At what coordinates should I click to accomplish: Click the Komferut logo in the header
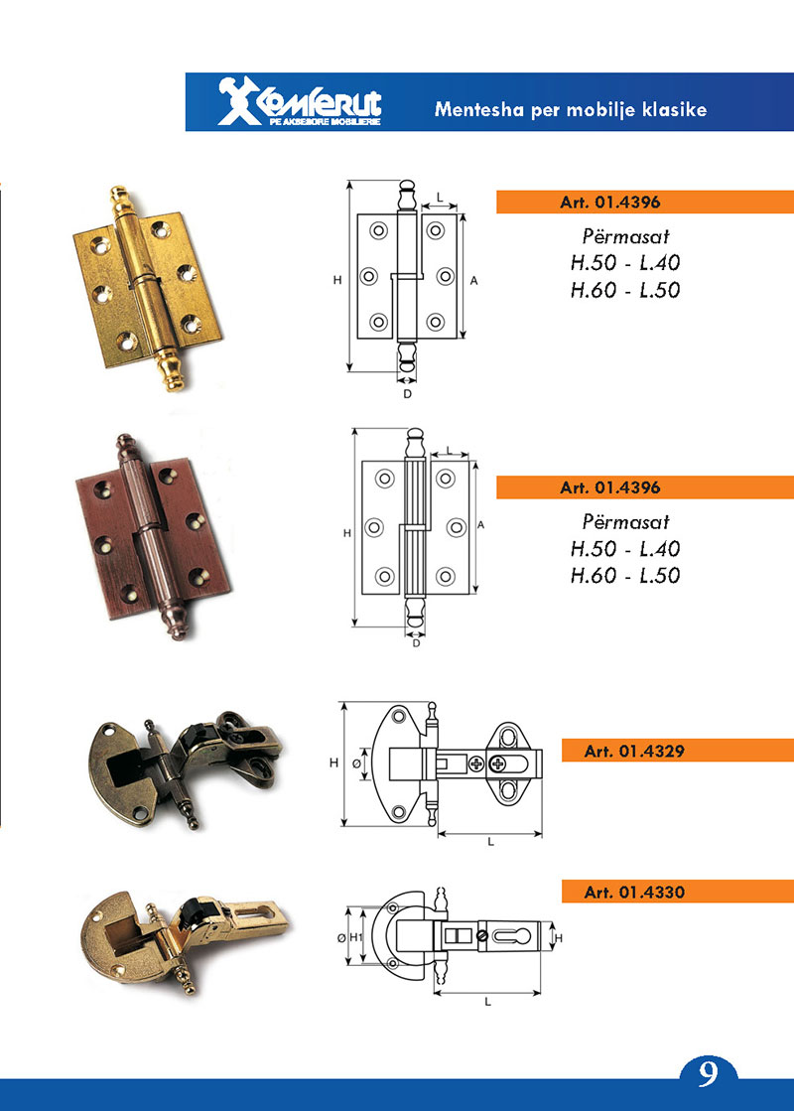tap(300, 101)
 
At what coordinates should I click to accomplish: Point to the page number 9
tap(708, 1073)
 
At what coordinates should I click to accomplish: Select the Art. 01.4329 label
tap(634, 751)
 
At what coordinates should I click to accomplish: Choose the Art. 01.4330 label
tap(634, 892)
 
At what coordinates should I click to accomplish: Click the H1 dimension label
tap(356, 937)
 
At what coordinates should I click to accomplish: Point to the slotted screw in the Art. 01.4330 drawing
tap(482, 936)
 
